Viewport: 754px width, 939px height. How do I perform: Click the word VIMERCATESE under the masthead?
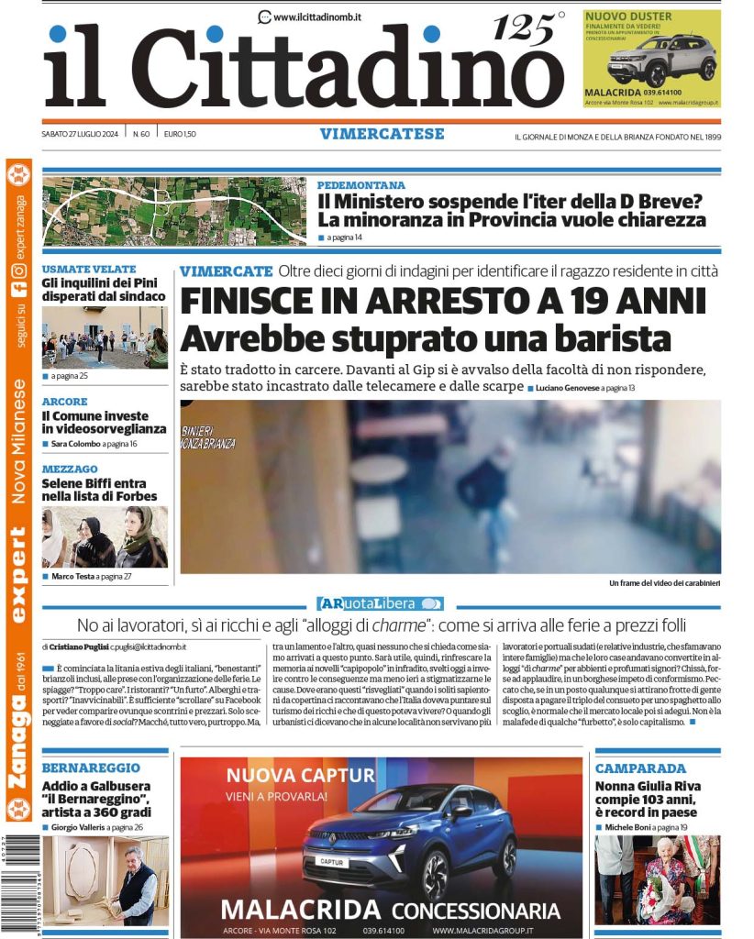click(x=382, y=134)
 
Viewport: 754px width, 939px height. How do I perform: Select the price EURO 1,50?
click(x=180, y=134)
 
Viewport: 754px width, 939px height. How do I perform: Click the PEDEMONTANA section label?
click(x=360, y=184)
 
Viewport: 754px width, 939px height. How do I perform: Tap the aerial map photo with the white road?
click(x=174, y=211)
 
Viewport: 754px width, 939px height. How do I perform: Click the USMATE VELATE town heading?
click(x=89, y=270)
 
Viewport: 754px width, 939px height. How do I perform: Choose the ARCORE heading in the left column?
click(x=65, y=402)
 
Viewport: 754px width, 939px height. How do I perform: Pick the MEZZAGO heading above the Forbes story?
click(x=70, y=469)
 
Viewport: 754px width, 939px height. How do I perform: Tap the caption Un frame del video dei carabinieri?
click(x=664, y=583)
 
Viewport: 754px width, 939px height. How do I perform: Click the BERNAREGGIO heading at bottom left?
click(x=91, y=768)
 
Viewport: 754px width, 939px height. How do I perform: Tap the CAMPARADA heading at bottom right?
click(x=640, y=768)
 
